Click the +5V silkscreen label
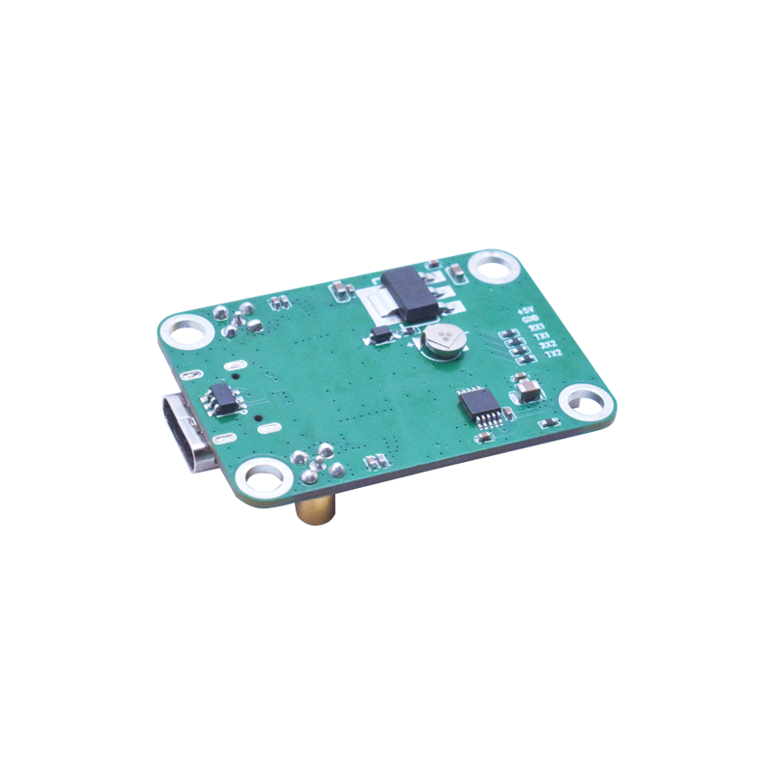click(x=527, y=310)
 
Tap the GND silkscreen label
click(x=530, y=320)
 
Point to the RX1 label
click(x=535, y=329)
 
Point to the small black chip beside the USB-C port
click(x=223, y=397)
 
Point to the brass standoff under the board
click(x=315, y=509)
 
